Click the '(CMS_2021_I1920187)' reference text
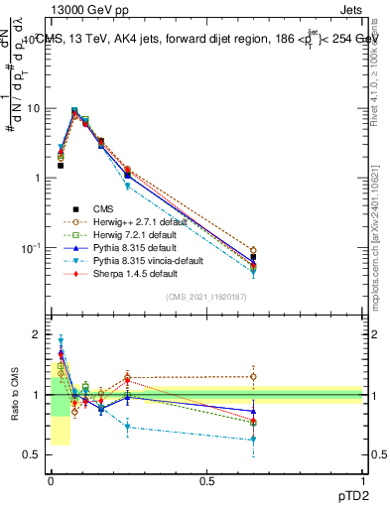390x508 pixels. click(207, 297)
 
